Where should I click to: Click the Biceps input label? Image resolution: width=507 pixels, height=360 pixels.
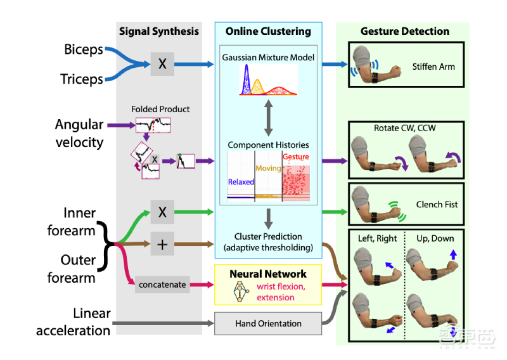tap(83, 49)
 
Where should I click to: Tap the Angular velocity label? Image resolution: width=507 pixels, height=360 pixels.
tap(79, 133)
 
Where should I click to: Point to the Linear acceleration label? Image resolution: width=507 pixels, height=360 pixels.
tap(74, 322)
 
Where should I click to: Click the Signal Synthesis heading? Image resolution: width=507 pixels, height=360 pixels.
tap(159, 31)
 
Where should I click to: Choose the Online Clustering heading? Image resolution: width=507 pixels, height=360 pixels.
tap(268, 31)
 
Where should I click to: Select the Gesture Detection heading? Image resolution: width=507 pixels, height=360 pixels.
tap(405, 31)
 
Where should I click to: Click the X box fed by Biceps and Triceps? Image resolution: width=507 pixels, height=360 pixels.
tap(162, 64)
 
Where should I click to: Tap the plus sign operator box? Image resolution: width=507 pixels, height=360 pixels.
tap(162, 244)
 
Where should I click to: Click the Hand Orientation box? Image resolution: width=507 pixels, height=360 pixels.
tap(269, 323)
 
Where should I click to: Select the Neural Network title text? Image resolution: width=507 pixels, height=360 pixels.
tap(268, 274)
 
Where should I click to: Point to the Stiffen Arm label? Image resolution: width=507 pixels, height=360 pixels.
tap(433, 66)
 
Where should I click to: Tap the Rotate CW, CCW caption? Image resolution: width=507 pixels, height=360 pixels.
tap(408, 128)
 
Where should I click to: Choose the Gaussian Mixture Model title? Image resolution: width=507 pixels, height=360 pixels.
tap(267, 58)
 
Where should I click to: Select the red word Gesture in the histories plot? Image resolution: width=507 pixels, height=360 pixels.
tap(296, 157)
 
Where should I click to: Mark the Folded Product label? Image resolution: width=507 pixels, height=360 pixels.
tap(160, 109)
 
